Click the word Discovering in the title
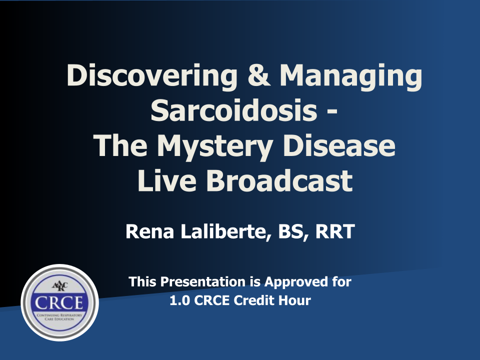[152, 76]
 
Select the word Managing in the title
[351, 77]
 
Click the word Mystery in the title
[215, 146]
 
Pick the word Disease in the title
[339, 145]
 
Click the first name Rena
[149, 231]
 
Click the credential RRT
[335, 231]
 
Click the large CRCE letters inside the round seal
[59, 303]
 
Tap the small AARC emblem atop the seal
[59, 286]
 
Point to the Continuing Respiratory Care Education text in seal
[59, 317]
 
